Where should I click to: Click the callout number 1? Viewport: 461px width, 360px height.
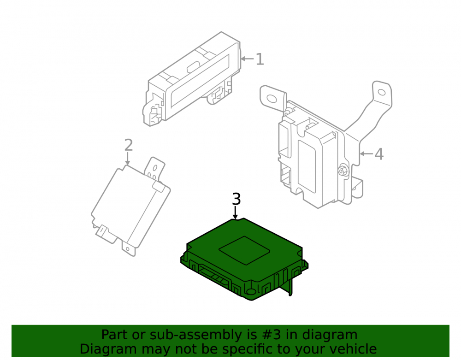click(x=260, y=59)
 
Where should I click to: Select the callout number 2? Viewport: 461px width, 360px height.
click(x=129, y=145)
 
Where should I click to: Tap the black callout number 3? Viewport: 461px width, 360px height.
click(x=236, y=199)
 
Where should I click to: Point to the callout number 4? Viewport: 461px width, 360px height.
click(x=379, y=154)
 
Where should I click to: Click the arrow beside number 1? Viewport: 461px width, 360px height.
click(x=247, y=59)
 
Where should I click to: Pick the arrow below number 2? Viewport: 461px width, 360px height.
click(x=127, y=159)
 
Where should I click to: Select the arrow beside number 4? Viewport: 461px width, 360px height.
click(x=366, y=153)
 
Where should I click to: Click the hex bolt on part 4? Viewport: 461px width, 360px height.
click(x=343, y=171)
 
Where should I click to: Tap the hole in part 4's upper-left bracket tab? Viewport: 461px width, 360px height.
click(x=272, y=99)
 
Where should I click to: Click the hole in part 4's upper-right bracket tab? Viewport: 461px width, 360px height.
click(x=381, y=93)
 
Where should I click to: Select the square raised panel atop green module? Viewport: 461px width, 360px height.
click(x=244, y=250)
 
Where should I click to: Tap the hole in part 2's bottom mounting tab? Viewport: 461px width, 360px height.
click(x=128, y=249)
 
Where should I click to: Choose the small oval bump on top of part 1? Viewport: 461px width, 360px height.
click(x=193, y=67)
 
